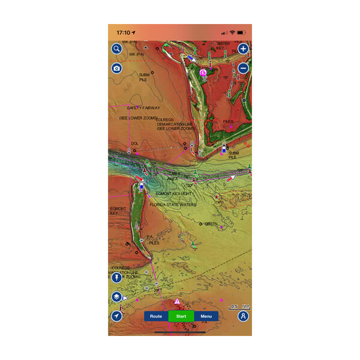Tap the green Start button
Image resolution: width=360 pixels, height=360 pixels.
point(181,316)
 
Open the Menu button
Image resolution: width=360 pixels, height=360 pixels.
point(206,316)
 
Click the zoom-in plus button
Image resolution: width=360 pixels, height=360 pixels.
point(243,49)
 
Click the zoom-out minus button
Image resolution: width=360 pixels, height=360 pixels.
point(243,68)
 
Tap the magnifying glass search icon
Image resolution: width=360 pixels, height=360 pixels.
point(117,49)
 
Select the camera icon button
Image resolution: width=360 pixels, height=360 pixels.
point(117,68)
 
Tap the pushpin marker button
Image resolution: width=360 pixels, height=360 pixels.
point(117,279)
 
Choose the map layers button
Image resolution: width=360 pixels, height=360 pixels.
point(117,297)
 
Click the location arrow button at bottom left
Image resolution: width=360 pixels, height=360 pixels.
point(117,316)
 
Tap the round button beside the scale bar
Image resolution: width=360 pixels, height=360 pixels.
point(243,316)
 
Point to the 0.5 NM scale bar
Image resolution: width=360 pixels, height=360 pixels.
point(238,307)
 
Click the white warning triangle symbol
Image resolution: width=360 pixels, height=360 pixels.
point(177,301)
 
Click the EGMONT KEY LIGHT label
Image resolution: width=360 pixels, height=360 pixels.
point(174,194)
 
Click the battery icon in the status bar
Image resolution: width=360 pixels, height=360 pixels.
point(241,32)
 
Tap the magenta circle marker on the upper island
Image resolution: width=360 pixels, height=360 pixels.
point(203,73)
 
